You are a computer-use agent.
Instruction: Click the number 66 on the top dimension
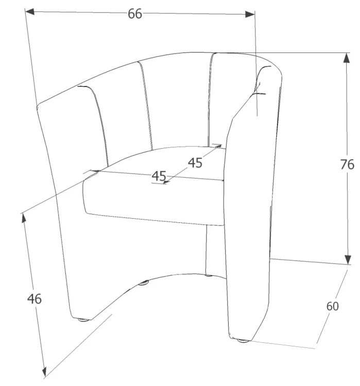tap(135, 14)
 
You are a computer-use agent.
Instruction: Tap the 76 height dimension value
tap(347, 165)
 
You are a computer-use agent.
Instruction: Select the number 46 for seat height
tap(35, 299)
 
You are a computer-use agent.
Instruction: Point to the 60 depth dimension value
tap(332, 306)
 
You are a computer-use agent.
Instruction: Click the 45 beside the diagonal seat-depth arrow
tap(195, 163)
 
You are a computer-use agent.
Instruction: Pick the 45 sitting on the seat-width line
tap(159, 176)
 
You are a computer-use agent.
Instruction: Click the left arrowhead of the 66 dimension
tap(29, 11)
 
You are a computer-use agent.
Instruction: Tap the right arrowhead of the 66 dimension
tap(250, 14)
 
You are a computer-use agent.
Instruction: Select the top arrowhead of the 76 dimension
tap(347, 58)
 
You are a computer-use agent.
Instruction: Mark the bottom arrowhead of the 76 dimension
tap(348, 259)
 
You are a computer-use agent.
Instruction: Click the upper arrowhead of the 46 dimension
tap(24, 218)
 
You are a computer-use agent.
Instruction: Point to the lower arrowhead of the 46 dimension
tap(44, 372)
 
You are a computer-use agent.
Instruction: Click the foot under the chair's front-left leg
tap(83, 320)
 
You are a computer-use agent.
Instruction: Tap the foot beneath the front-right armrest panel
tap(243, 341)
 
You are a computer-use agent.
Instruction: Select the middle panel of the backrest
tap(176, 101)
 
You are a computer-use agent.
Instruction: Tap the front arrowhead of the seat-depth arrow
tap(166, 182)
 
